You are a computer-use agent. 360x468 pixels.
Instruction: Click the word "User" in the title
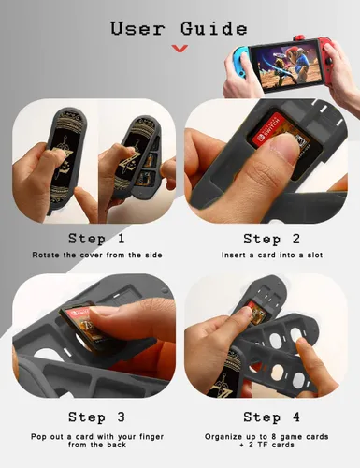coord(137,28)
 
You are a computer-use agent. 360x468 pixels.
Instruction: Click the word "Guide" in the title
coord(214,28)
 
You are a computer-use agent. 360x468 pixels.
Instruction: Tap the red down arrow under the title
coord(180,49)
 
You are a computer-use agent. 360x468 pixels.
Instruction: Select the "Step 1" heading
coord(96,239)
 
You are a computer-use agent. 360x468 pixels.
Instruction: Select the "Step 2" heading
coord(271,240)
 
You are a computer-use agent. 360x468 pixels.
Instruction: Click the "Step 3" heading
coord(96,417)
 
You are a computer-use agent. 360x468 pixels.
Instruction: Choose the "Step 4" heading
coord(271,417)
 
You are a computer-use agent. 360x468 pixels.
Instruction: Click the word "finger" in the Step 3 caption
coord(151,437)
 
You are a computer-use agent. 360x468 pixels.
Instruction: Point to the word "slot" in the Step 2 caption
coord(315,255)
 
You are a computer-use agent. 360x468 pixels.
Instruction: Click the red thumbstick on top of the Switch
coord(299,39)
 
